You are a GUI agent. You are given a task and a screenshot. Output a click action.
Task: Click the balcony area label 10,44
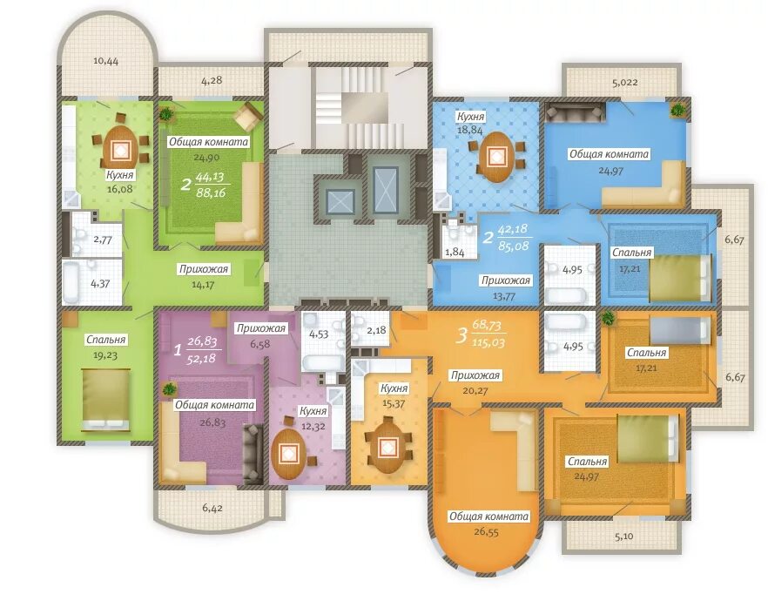106,61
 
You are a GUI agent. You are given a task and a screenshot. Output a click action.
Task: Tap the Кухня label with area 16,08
120,175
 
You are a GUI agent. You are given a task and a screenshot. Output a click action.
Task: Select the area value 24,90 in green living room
206,158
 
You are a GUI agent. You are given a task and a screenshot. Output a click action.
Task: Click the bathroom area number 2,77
103,240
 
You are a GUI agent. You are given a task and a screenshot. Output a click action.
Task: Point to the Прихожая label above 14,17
204,269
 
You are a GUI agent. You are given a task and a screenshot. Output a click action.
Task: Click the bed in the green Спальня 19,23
106,400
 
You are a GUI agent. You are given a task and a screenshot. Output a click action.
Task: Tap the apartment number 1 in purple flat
178,350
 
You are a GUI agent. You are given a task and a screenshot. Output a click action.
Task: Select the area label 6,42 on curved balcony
212,508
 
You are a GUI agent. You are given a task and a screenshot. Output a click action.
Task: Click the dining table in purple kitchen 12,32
289,455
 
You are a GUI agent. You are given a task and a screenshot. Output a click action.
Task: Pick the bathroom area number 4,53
319,334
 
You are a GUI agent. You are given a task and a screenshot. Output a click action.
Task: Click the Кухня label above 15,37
394,388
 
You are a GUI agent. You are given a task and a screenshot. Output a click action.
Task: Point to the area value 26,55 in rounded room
487,532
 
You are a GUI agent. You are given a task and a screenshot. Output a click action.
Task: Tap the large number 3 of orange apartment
461,336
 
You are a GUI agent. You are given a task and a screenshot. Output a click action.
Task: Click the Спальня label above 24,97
587,462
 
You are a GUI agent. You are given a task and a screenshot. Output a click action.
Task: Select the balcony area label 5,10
623,537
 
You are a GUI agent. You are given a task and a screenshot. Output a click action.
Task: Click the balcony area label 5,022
625,83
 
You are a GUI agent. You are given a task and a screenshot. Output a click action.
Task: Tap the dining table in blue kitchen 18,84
496,157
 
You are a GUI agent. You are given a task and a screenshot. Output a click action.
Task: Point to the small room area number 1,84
455,252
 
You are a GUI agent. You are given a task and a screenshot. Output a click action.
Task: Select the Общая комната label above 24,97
609,154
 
